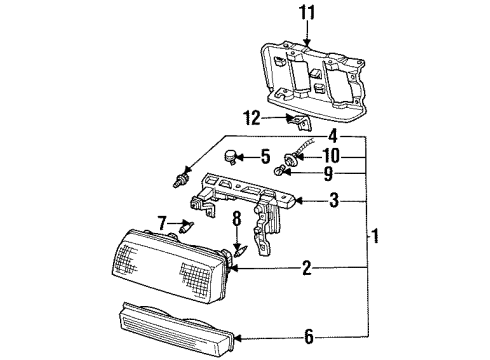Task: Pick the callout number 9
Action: pyautogui.click(x=330, y=172)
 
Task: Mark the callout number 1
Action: pyautogui.click(x=375, y=237)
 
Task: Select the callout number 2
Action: pyautogui.click(x=307, y=268)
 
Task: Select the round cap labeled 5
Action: pyautogui.click(x=232, y=156)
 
